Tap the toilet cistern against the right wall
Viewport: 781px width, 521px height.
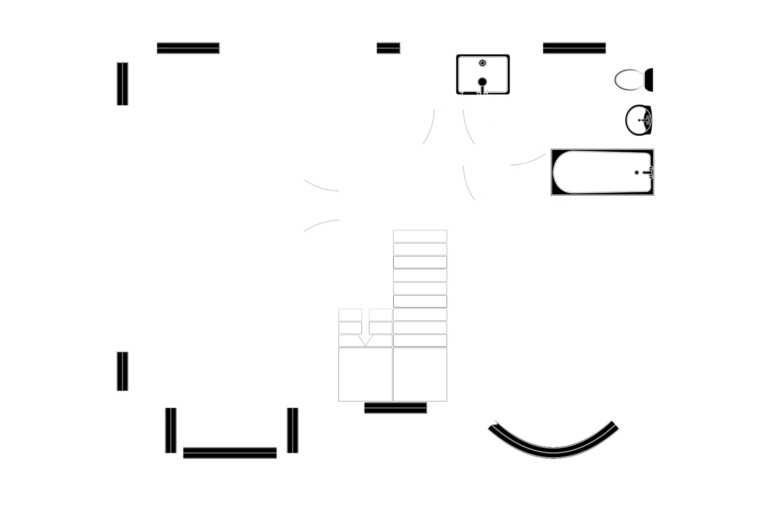click(x=649, y=80)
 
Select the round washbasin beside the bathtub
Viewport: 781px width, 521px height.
click(x=639, y=120)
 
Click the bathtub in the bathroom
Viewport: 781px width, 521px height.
click(x=602, y=173)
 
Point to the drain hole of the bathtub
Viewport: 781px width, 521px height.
click(x=637, y=173)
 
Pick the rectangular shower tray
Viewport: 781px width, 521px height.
click(x=483, y=74)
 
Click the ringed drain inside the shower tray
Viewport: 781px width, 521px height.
click(x=482, y=63)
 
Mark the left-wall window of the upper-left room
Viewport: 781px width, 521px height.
click(x=122, y=84)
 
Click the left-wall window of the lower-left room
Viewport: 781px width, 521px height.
click(x=122, y=371)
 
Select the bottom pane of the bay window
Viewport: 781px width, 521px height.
click(x=230, y=451)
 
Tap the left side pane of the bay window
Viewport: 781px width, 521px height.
click(x=170, y=430)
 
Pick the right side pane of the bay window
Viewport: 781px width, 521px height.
click(x=293, y=430)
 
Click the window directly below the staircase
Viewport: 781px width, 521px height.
click(x=395, y=409)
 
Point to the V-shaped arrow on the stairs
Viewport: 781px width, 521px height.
click(x=366, y=340)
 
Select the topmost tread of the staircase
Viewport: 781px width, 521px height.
click(x=420, y=236)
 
